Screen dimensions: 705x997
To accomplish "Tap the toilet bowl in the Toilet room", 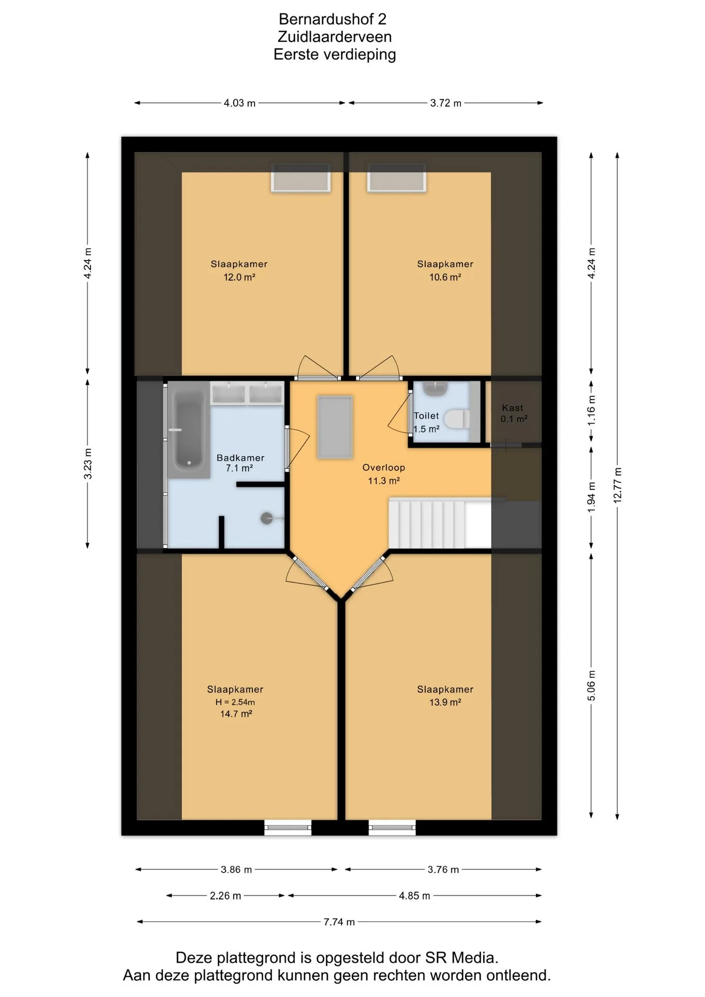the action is [x=457, y=419].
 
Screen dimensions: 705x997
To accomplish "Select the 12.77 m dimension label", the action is [x=617, y=486].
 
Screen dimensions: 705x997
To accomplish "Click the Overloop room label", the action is [x=384, y=467].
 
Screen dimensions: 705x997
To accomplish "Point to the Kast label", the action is [x=512, y=408].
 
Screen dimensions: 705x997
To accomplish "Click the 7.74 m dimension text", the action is [x=339, y=922].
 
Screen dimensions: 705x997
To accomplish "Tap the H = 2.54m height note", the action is [x=235, y=702].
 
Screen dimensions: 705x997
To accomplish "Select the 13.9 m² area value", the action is [x=445, y=702].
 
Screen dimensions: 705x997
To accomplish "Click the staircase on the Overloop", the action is [x=440, y=523].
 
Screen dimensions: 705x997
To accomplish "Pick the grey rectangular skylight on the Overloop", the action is [x=335, y=427].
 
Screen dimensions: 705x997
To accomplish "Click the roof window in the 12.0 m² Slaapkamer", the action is [x=301, y=178].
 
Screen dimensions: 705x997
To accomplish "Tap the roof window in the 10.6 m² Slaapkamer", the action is [x=397, y=178].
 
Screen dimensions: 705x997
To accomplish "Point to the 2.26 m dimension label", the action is [x=225, y=896].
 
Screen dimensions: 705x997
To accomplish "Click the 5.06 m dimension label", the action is [x=591, y=685].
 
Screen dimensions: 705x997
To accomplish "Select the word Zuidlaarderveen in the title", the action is [x=335, y=37].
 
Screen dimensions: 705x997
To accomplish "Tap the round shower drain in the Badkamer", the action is [x=266, y=518].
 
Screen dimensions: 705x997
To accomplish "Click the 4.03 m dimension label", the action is [x=239, y=103].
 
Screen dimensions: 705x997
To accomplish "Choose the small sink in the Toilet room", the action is [x=435, y=388].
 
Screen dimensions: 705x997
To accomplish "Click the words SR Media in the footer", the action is [x=462, y=958].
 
